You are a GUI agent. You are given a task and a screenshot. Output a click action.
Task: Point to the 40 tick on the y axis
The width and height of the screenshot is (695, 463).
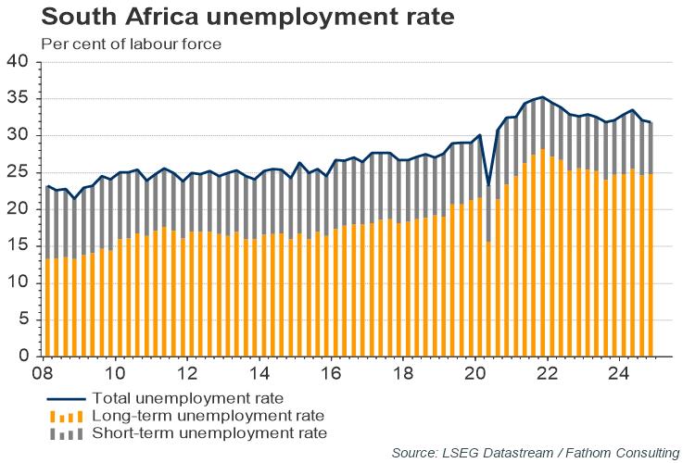click(19, 62)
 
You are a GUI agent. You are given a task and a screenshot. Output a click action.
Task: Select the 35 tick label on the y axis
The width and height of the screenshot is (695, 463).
click(19, 98)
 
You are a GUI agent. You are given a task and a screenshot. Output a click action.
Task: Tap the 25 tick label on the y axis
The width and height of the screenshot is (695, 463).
click(19, 172)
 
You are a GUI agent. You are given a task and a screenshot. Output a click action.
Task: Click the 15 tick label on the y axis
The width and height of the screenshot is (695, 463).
click(19, 245)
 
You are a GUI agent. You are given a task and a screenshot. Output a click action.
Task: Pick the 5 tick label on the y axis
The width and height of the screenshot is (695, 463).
click(24, 319)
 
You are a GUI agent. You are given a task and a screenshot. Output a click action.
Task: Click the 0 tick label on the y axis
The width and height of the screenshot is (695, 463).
click(24, 357)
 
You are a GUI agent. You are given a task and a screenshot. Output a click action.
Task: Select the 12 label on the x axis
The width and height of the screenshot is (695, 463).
click(188, 374)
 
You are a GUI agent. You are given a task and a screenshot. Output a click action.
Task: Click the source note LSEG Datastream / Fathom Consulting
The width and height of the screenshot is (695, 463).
click(535, 452)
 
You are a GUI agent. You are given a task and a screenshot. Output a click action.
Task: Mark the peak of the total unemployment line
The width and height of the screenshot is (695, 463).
click(542, 96)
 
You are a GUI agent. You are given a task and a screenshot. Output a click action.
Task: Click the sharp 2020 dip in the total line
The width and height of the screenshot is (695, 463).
click(487, 185)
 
